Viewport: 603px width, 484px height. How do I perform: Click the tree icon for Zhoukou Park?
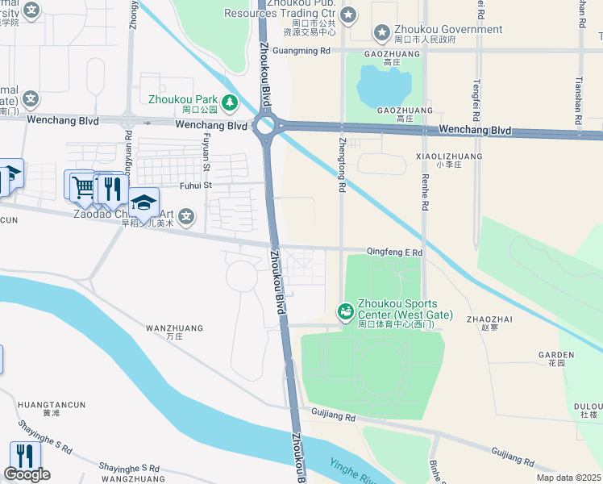tap(230, 101)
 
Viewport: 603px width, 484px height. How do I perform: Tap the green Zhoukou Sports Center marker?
tap(345, 311)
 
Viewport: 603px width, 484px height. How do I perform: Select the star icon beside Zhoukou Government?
tap(381, 32)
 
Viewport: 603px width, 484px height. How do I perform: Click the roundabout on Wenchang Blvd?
tap(265, 125)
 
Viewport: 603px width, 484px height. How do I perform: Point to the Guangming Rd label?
tap(302, 50)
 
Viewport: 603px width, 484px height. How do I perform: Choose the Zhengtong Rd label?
tap(342, 165)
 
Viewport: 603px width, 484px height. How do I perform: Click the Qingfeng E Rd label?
tap(395, 252)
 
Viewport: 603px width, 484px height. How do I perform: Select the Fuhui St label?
tap(195, 185)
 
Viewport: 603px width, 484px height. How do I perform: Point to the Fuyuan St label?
tap(206, 153)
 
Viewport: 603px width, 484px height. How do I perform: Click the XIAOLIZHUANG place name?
tap(449, 156)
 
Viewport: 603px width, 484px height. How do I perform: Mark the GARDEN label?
tap(556, 354)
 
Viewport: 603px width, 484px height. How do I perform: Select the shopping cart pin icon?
tap(82, 186)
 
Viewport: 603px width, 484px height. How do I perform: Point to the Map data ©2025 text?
tap(568, 478)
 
